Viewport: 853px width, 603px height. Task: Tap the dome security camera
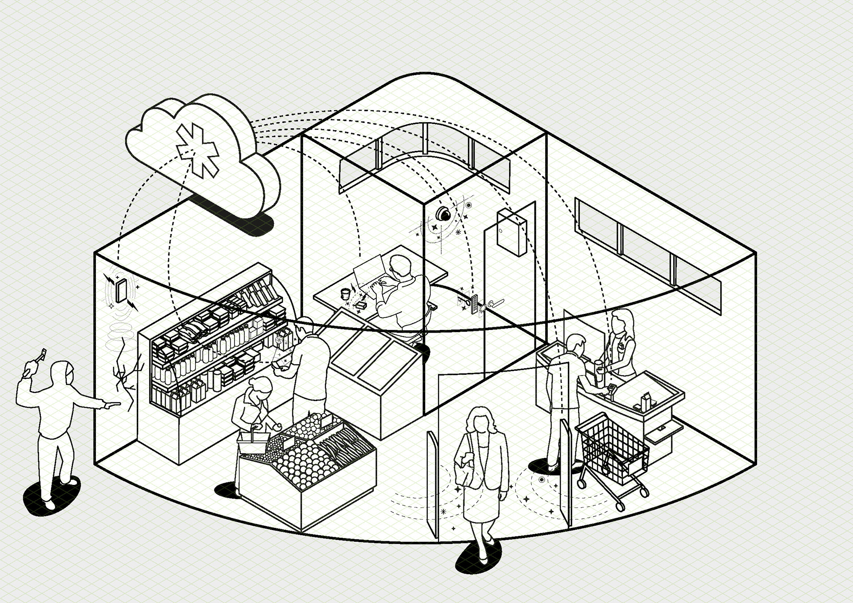pos(442,214)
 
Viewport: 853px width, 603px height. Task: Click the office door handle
pos(495,303)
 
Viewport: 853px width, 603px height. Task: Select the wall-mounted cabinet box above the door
pos(511,233)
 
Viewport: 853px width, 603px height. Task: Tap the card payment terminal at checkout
pos(612,389)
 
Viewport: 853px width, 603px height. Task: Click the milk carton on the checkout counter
pos(645,401)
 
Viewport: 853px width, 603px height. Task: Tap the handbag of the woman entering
pos(465,466)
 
